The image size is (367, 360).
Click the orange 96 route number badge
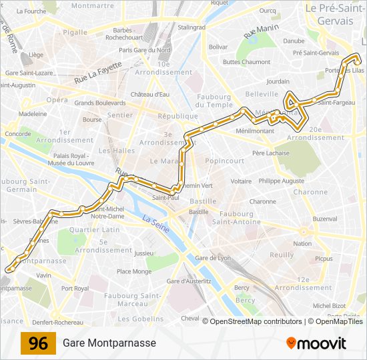click(x=38, y=343)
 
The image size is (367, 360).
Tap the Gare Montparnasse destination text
click(x=109, y=343)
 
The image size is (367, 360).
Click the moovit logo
click(x=316, y=343)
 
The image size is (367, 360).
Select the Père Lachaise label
click(x=271, y=153)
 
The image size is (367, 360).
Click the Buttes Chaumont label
click(x=247, y=62)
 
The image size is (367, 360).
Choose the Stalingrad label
click(x=192, y=27)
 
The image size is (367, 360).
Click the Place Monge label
click(x=134, y=271)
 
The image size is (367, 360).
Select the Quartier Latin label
click(x=94, y=230)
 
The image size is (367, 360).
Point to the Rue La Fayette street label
click(x=99, y=73)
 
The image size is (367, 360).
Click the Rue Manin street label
click(x=260, y=30)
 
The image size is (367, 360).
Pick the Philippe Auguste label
click(x=282, y=181)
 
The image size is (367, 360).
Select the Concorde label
click(x=17, y=134)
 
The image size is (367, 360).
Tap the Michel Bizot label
click(x=328, y=305)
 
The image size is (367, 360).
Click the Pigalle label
click(x=75, y=32)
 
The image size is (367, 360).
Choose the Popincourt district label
click(x=225, y=161)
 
